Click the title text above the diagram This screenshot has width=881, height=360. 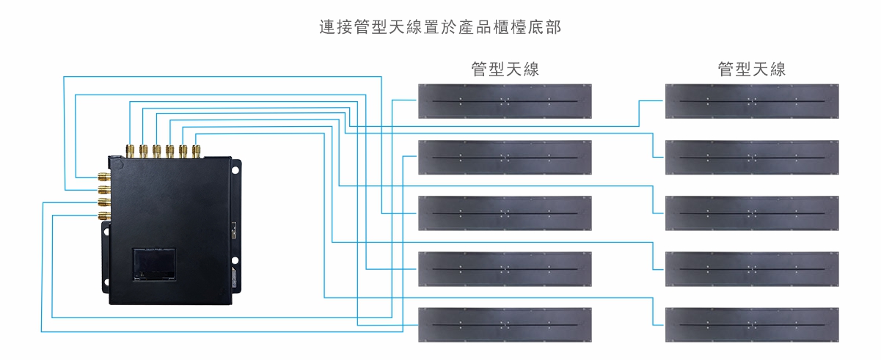click(440, 28)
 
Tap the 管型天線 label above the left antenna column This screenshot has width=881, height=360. click(505, 70)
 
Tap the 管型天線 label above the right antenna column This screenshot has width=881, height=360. click(752, 70)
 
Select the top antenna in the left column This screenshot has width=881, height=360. click(505, 101)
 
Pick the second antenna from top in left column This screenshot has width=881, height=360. click(505, 157)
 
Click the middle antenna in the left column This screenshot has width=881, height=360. click(505, 213)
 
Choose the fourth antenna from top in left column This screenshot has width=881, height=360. click(505, 268)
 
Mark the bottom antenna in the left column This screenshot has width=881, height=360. click(505, 324)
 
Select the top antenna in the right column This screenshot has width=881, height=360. click(752, 101)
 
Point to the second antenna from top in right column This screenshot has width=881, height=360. click(752, 157)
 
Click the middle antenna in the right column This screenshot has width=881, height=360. click(752, 213)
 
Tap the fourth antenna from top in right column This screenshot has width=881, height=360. click(752, 268)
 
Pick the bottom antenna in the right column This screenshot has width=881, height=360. click(752, 324)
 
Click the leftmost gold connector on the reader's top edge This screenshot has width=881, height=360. click(130, 150)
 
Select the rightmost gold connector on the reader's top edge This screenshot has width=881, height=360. click(196, 150)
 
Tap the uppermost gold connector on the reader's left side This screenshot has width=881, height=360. click(103, 177)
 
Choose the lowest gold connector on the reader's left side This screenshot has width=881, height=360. click(103, 216)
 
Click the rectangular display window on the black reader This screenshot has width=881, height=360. click(154, 264)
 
